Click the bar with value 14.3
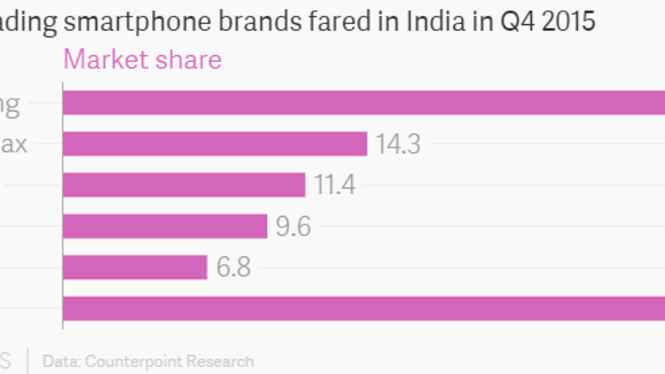pyautogui.click(x=215, y=144)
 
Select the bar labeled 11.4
pyautogui.click(x=184, y=185)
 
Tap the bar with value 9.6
pyautogui.click(x=165, y=226)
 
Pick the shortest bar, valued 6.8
pyautogui.click(x=135, y=267)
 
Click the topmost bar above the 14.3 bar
pyautogui.click(x=363, y=103)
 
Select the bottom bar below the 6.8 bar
pyautogui.click(x=363, y=308)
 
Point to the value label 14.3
pyautogui.click(x=398, y=144)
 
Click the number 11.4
pyautogui.click(x=335, y=185)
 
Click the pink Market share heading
pyautogui.click(x=143, y=60)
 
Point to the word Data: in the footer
pyautogui.click(x=61, y=362)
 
